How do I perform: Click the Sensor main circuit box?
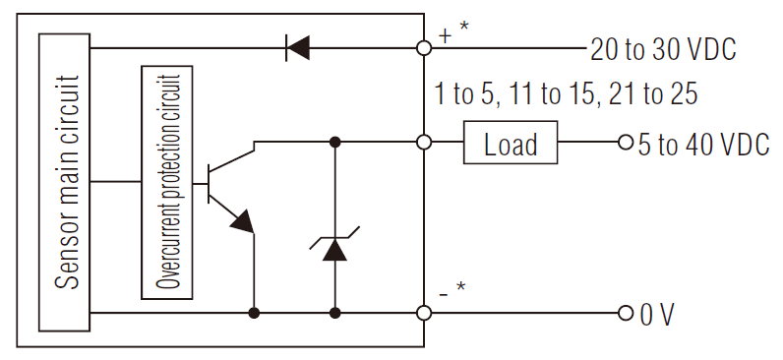(65, 181)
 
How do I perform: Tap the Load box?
(511, 144)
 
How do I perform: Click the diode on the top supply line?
(296, 46)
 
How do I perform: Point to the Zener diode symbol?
(335, 248)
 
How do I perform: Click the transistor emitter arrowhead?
(242, 221)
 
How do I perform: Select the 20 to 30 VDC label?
(663, 48)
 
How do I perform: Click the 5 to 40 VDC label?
(702, 145)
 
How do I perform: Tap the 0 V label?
(658, 315)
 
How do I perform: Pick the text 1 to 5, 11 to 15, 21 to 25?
(566, 95)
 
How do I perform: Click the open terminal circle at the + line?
(424, 46)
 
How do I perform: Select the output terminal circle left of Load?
(424, 143)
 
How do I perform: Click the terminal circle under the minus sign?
(424, 314)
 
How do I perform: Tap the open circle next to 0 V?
(626, 314)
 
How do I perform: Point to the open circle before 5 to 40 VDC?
(626, 143)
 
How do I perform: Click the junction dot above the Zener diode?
(335, 143)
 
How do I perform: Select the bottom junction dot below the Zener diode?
(335, 314)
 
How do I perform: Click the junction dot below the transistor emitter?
(254, 314)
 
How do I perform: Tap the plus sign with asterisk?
(453, 32)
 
